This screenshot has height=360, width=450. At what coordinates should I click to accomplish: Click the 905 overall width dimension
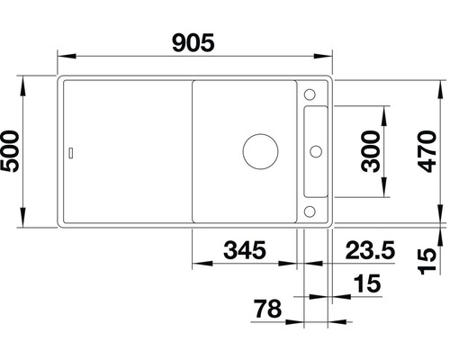[x=193, y=42]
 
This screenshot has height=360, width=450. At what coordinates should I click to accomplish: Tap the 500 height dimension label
[x=11, y=151]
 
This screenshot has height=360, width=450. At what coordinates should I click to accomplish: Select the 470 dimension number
[x=427, y=151]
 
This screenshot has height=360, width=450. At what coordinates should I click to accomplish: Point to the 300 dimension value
[x=371, y=151]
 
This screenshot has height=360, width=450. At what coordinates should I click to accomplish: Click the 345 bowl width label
[x=245, y=250]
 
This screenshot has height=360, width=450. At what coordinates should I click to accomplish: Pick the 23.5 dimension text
[x=370, y=250]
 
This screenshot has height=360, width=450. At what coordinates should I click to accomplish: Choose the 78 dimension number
[x=268, y=309]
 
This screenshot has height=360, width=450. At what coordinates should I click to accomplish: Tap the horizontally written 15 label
[x=367, y=283]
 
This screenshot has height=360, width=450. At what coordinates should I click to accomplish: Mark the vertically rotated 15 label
[x=427, y=261]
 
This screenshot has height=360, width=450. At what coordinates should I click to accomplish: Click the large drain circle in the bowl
[x=260, y=151]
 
